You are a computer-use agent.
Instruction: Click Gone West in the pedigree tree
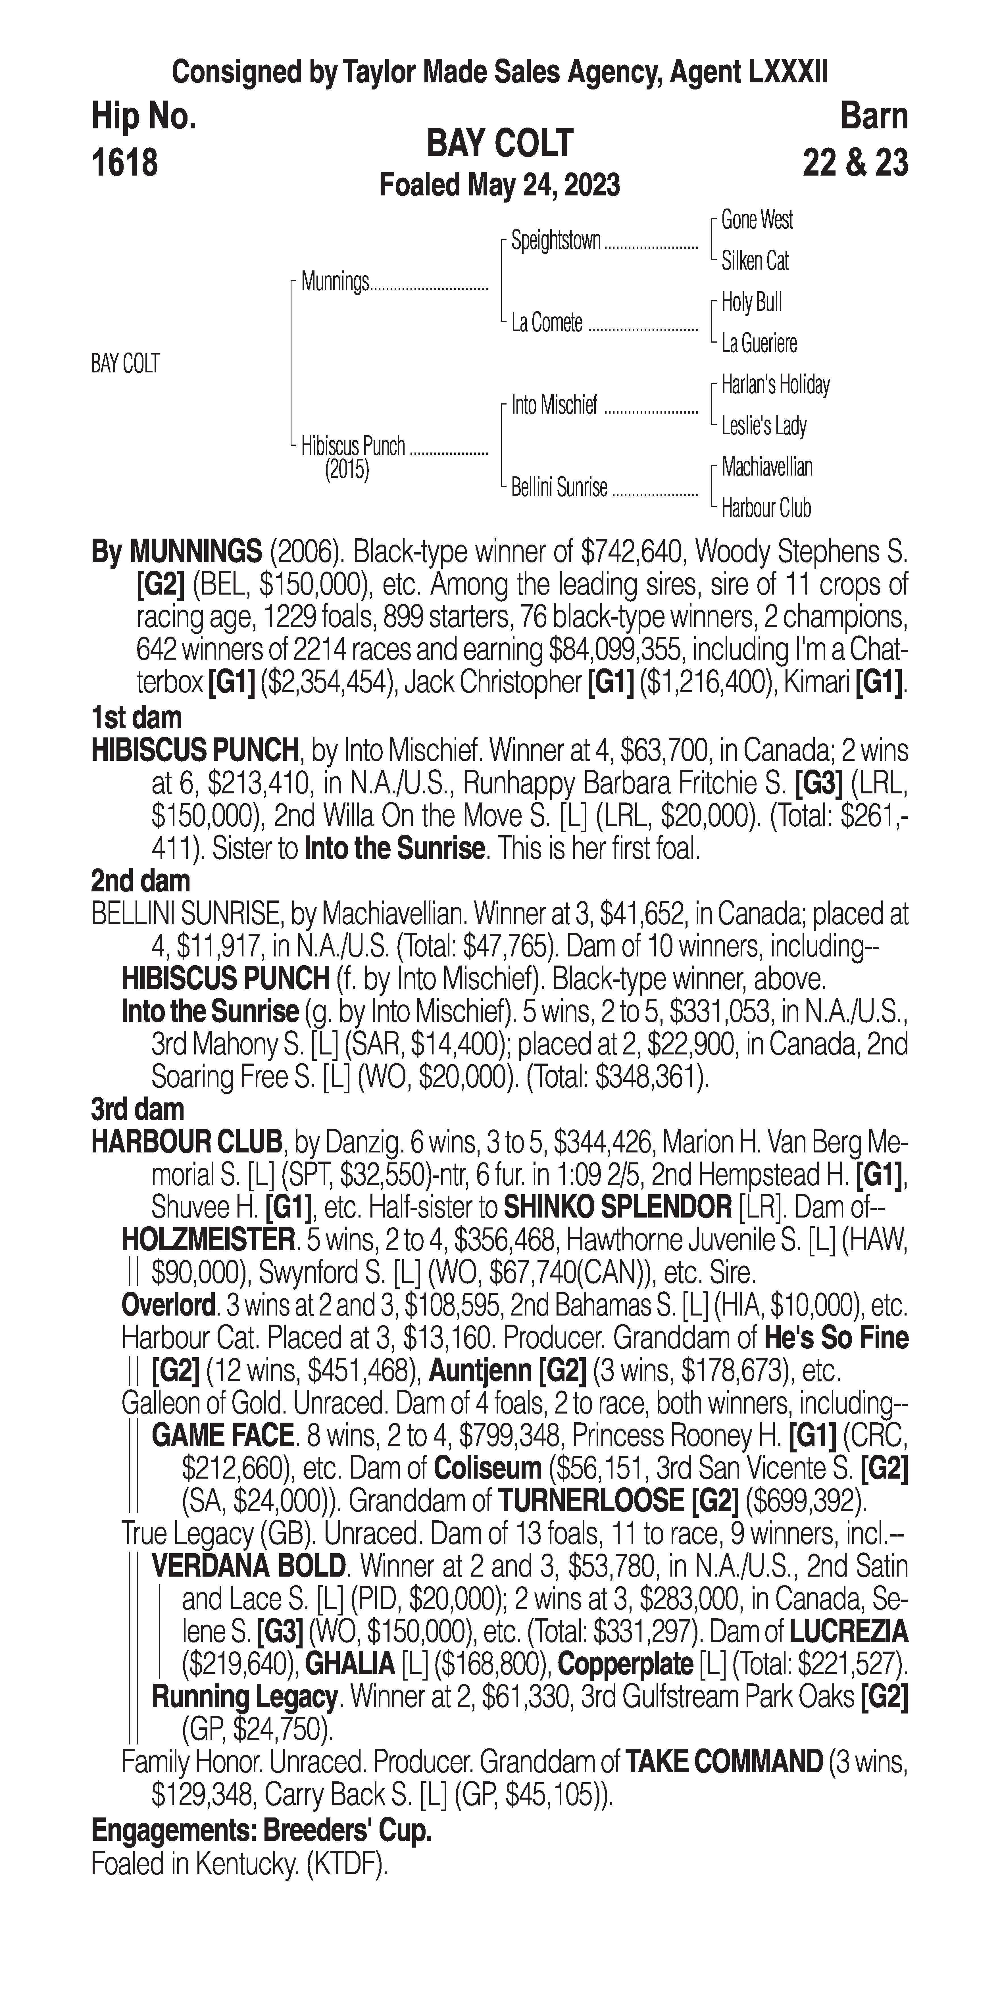point(757,220)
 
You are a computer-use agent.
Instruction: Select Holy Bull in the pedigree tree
point(751,302)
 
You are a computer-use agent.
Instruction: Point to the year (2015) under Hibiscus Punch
point(347,470)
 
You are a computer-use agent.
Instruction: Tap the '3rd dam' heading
point(137,1109)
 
